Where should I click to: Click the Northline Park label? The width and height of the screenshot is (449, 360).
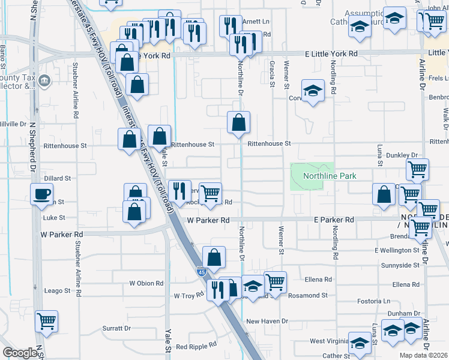(x=330, y=176)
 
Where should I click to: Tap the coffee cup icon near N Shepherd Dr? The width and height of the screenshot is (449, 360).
(x=42, y=194)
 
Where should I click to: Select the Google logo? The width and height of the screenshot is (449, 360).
(x=20, y=353)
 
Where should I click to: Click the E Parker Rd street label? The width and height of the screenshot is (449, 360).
(x=334, y=220)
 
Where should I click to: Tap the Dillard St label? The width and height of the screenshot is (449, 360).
(x=58, y=178)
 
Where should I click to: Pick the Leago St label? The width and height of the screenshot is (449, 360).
(x=58, y=291)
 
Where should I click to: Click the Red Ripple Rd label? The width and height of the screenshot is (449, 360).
(x=196, y=347)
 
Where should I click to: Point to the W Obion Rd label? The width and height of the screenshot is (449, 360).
(x=146, y=283)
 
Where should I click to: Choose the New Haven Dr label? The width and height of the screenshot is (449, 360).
(x=267, y=322)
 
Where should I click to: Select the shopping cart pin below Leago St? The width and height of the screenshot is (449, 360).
(x=46, y=321)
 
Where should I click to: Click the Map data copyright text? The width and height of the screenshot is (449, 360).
(x=423, y=355)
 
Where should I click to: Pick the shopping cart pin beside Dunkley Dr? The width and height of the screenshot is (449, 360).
(x=417, y=169)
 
